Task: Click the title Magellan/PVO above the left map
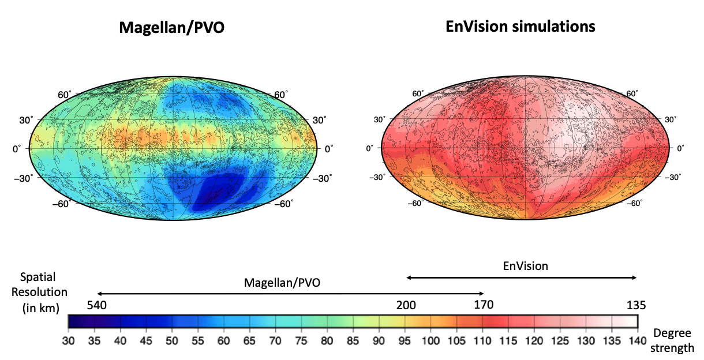171,28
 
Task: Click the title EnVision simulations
520,27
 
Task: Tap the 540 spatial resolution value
97,305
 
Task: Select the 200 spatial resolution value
406,305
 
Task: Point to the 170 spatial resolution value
484,305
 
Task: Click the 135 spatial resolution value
636,305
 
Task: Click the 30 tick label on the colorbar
68,341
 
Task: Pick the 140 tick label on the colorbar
638,341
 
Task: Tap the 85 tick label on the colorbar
353,341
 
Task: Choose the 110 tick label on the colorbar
482,341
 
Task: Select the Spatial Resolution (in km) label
40,292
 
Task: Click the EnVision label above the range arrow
526,266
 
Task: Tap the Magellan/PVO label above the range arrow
282,283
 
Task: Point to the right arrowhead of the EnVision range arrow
634,277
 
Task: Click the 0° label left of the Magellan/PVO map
16,149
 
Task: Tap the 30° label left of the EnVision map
379,119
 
